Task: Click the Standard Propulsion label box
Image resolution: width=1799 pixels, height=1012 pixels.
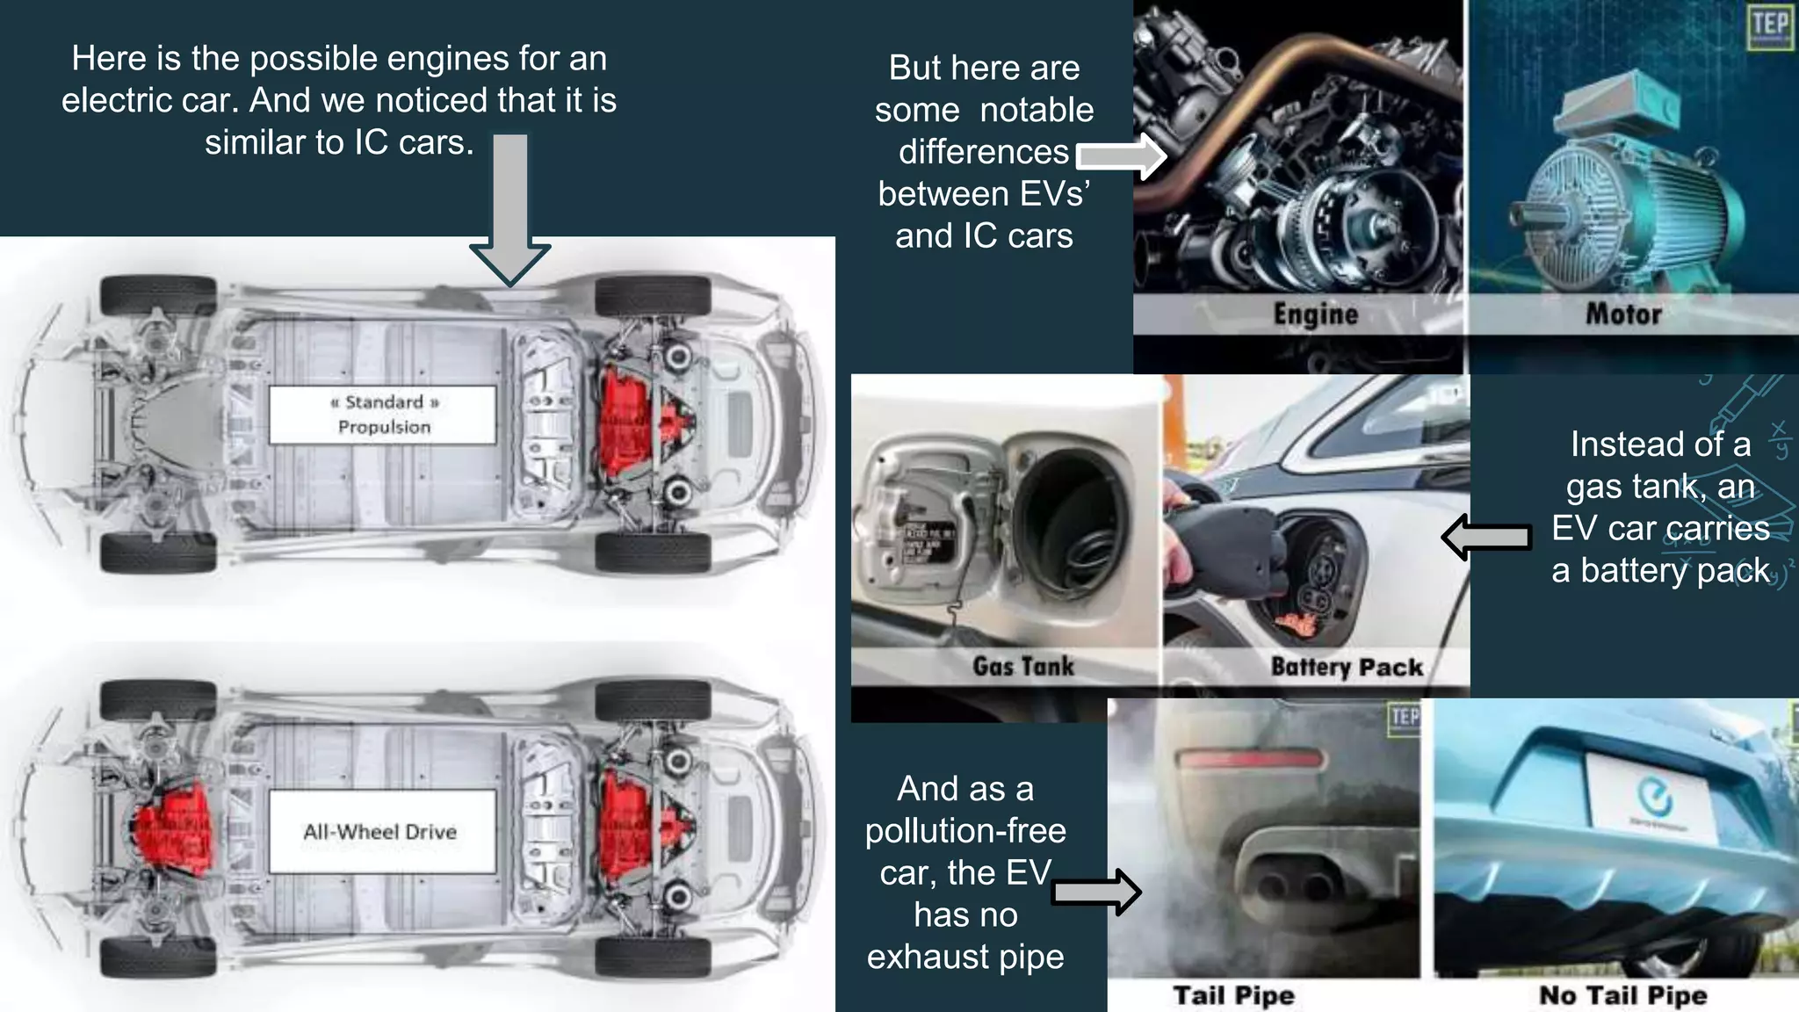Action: tap(383, 414)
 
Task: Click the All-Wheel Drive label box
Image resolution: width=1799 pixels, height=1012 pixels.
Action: tap(381, 831)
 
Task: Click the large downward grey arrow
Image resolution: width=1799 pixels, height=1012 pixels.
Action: tap(510, 211)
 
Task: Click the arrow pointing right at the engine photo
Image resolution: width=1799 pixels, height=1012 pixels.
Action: tap(1121, 156)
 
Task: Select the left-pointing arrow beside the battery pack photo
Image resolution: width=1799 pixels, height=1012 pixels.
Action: tap(1486, 537)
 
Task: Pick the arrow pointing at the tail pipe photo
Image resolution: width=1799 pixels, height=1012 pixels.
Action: tap(1096, 893)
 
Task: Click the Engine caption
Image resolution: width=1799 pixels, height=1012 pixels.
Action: tap(1315, 314)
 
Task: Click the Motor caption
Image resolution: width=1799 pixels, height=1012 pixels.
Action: tap(1623, 314)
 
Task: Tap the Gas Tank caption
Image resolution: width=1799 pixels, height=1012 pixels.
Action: tap(1023, 666)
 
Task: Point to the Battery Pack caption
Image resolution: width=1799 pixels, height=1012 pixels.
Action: tap(1347, 667)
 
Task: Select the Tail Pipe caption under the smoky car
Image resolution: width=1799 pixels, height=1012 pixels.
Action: tap(1234, 995)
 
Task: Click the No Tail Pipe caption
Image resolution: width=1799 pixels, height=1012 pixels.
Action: tap(1623, 995)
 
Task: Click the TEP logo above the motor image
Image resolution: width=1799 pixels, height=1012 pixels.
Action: tap(1769, 26)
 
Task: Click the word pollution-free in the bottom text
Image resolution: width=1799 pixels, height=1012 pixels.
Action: tap(965, 830)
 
